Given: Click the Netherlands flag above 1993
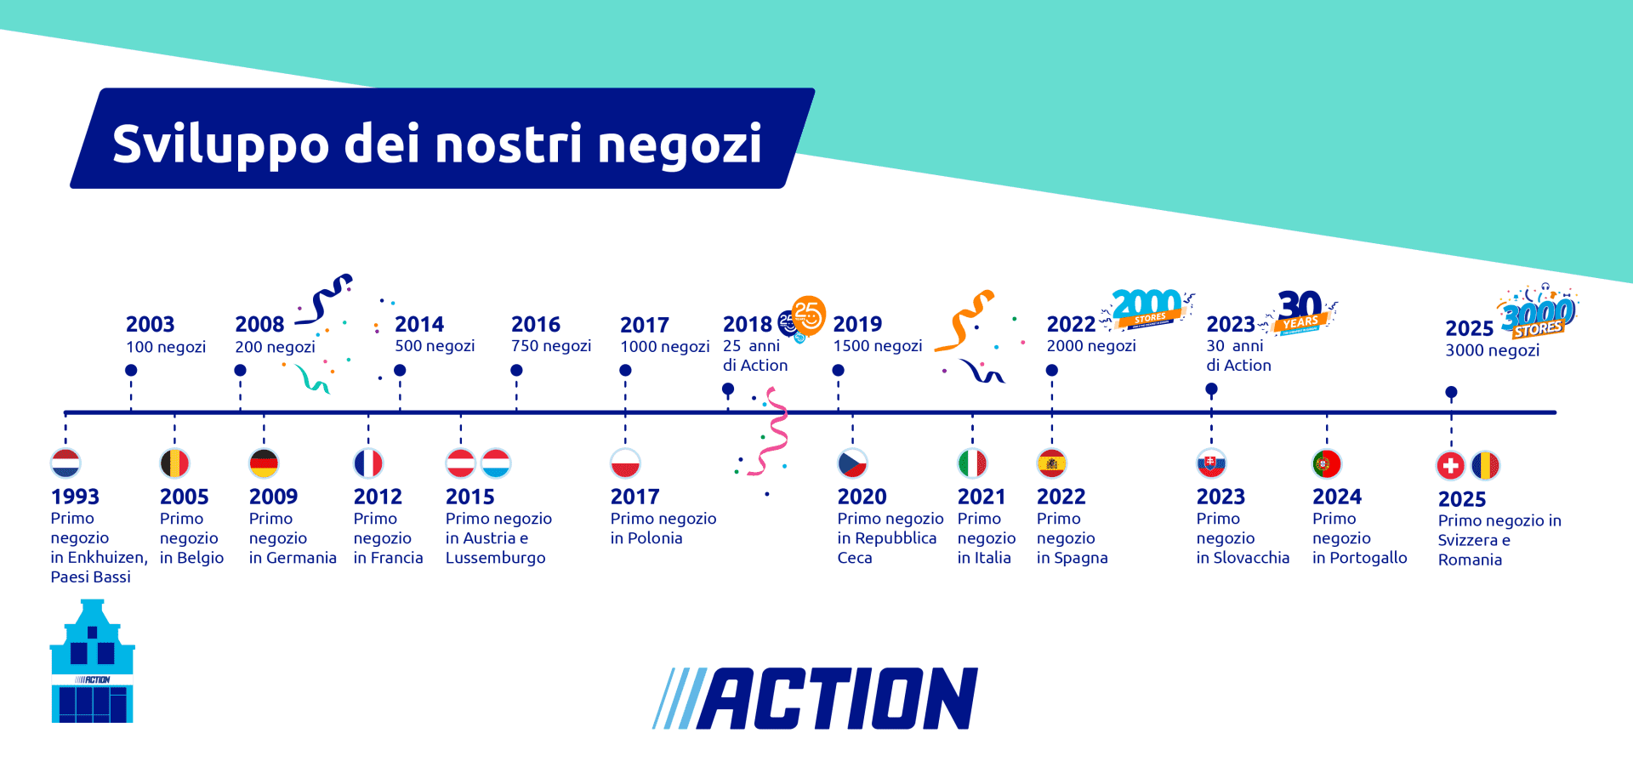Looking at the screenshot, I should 65,463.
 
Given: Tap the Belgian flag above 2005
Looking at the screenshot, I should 174,463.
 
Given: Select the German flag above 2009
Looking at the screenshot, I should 264,463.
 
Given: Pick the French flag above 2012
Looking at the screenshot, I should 368,463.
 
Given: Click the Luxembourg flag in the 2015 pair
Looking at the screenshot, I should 496,463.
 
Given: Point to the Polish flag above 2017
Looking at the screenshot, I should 625,463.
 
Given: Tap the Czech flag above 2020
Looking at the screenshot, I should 852,463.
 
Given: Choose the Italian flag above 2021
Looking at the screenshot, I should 972,463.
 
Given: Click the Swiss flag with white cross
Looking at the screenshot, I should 1451,465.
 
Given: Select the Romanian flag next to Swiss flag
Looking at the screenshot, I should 1485,465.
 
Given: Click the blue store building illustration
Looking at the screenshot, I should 92,663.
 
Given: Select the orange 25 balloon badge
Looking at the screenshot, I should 808,315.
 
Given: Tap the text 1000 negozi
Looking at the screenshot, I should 664,347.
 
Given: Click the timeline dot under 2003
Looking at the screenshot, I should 131,370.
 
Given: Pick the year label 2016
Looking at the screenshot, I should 535,324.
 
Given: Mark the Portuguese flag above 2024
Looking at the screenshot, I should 1327,463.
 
